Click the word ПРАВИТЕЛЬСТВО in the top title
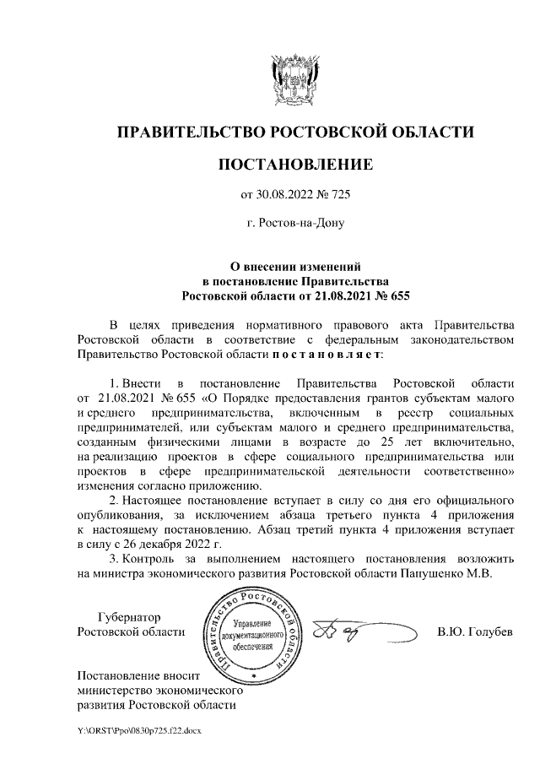(190, 132)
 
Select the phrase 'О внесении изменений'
(294, 265)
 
